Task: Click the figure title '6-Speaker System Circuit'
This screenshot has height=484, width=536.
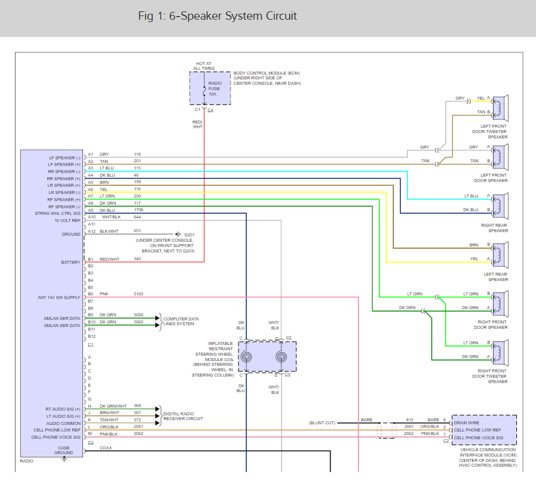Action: coord(217,16)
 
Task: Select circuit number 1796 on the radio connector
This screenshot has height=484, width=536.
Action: coord(139,210)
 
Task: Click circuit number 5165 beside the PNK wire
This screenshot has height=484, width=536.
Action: coord(139,294)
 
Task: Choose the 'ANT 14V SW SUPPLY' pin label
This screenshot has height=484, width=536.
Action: coord(59,297)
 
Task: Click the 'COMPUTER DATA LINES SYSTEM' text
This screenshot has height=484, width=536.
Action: coord(181,322)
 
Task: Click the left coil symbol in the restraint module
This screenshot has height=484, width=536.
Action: coord(246,357)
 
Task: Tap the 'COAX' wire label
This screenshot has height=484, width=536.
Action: coord(106,448)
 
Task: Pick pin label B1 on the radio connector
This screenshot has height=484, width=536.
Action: coord(91,259)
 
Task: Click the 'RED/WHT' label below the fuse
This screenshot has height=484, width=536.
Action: coord(197,124)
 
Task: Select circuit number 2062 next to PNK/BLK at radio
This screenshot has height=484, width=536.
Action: coord(138,434)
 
